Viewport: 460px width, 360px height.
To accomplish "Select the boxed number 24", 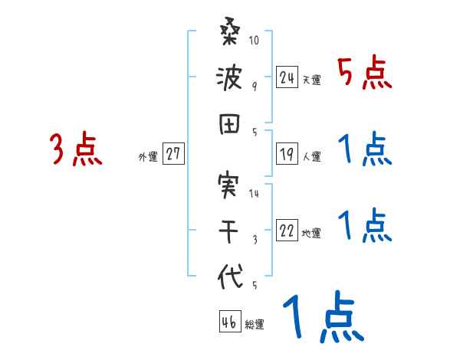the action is point(287,77).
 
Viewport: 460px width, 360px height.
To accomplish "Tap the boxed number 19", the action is point(287,154).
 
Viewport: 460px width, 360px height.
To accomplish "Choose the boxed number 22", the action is point(287,231).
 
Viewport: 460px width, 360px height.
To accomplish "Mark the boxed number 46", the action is point(228,322).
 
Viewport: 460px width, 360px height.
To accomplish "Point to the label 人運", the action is point(312,156).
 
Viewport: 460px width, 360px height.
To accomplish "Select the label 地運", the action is point(311,234).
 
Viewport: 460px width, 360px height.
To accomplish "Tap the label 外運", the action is point(147,156).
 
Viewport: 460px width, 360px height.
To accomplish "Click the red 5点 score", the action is point(365,74).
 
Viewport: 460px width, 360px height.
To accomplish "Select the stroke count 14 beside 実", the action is point(255,194).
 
